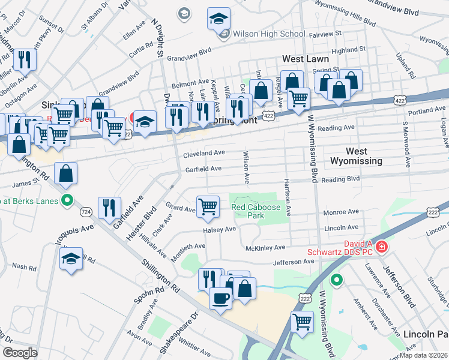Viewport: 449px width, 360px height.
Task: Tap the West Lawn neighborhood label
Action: point(306,59)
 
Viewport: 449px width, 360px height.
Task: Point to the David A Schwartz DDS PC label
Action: point(341,248)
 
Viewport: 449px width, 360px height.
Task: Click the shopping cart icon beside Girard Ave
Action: point(208,206)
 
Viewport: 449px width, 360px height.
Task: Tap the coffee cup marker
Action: point(220,298)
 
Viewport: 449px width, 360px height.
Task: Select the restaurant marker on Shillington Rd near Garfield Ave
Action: point(109,208)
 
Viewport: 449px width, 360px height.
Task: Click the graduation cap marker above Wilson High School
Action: point(218,19)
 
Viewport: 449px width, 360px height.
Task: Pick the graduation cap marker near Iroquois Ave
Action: point(71,259)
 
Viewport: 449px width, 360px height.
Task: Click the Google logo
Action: point(20,353)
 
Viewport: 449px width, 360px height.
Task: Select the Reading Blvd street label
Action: point(340,179)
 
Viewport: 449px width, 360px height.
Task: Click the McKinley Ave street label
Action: point(265,248)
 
